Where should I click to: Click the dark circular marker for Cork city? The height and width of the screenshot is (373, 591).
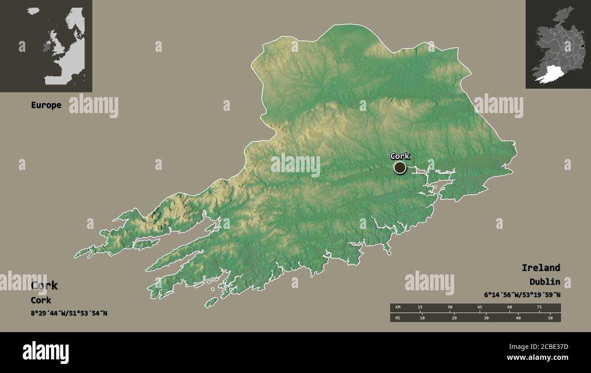click(x=400, y=168)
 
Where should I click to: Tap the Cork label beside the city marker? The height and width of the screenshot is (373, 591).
click(x=400, y=156)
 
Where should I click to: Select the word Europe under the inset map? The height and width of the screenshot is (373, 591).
click(x=46, y=105)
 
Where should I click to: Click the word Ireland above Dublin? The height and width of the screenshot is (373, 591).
click(x=541, y=268)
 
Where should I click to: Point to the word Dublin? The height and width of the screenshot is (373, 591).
click(x=544, y=282)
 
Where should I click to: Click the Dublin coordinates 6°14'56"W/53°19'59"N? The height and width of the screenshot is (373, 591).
click(x=522, y=295)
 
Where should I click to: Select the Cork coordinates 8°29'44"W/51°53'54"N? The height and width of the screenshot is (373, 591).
click(x=69, y=313)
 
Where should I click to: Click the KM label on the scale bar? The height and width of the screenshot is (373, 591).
click(x=397, y=308)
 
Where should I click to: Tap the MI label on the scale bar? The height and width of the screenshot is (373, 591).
click(x=397, y=318)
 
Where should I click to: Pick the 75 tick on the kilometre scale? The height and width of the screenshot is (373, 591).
click(x=539, y=308)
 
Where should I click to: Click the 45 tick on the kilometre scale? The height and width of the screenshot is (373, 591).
click(x=480, y=308)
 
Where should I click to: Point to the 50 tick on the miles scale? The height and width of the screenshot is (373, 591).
click(x=550, y=318)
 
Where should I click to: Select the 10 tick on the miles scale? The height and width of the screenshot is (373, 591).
click(x=422, y=318)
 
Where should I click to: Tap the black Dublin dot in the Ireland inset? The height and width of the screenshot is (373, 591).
click(x=582, y=46)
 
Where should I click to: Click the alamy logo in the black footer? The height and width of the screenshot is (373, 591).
click(x=45, y=353)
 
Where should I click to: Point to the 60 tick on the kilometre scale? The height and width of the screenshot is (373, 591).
click(x=510, y=308)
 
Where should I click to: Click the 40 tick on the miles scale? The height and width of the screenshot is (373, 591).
click(x=518, y=318)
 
